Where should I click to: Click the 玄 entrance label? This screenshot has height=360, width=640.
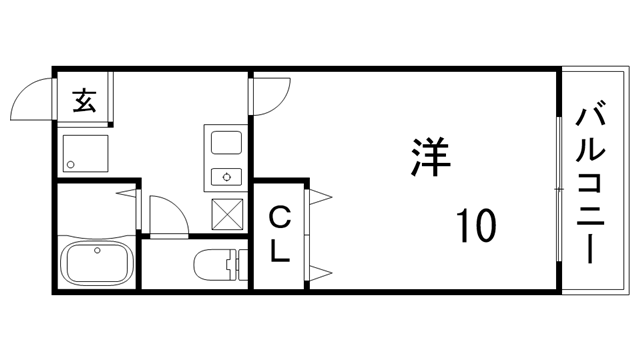[85, 101]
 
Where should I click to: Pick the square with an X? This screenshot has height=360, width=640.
[227, 213]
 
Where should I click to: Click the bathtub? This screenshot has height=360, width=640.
[97, 264]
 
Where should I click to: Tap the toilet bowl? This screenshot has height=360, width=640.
[213, 264]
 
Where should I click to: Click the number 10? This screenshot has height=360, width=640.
[475, 225]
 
